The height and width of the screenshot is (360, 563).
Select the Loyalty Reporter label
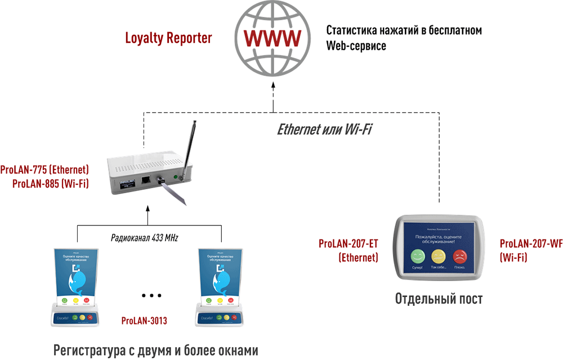[168, 38]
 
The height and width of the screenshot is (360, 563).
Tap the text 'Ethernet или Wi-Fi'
[325, 129]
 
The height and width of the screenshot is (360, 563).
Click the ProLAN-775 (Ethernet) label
[45, 169]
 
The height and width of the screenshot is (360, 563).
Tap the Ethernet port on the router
[146, 180]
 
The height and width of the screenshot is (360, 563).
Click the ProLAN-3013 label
[144, 321]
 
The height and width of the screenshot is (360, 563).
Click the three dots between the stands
[151, 295]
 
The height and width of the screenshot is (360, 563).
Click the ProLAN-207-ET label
[348, 244]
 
